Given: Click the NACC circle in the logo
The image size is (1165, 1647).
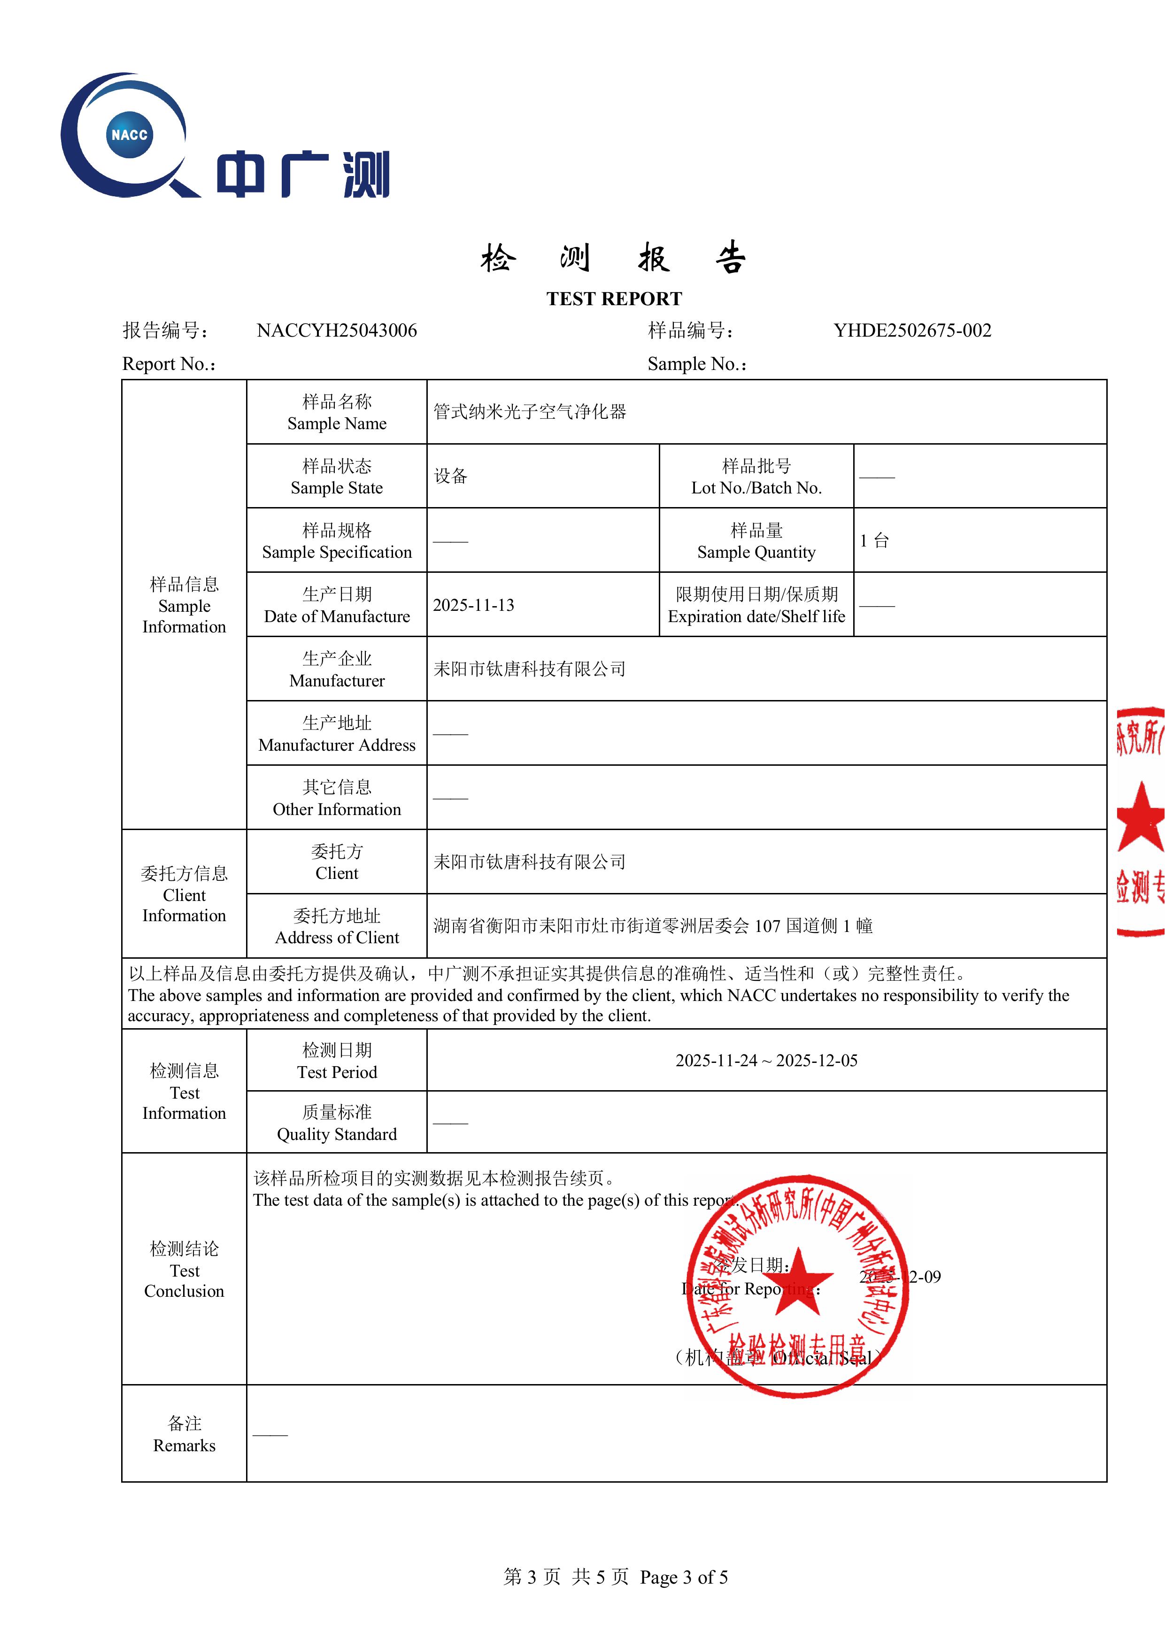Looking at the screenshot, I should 130,134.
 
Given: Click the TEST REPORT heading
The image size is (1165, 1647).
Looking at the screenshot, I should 614,299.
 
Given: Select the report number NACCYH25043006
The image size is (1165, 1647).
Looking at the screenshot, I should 336,331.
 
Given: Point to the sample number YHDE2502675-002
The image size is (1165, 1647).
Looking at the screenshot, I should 912,331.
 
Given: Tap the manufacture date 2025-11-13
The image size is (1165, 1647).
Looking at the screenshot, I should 473,606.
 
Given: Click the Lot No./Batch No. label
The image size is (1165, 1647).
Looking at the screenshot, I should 756,477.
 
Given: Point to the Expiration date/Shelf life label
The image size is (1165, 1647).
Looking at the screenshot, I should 756,606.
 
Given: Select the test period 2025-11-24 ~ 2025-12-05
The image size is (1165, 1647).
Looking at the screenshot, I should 766,1060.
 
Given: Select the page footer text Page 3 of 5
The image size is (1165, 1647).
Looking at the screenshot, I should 684,1577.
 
